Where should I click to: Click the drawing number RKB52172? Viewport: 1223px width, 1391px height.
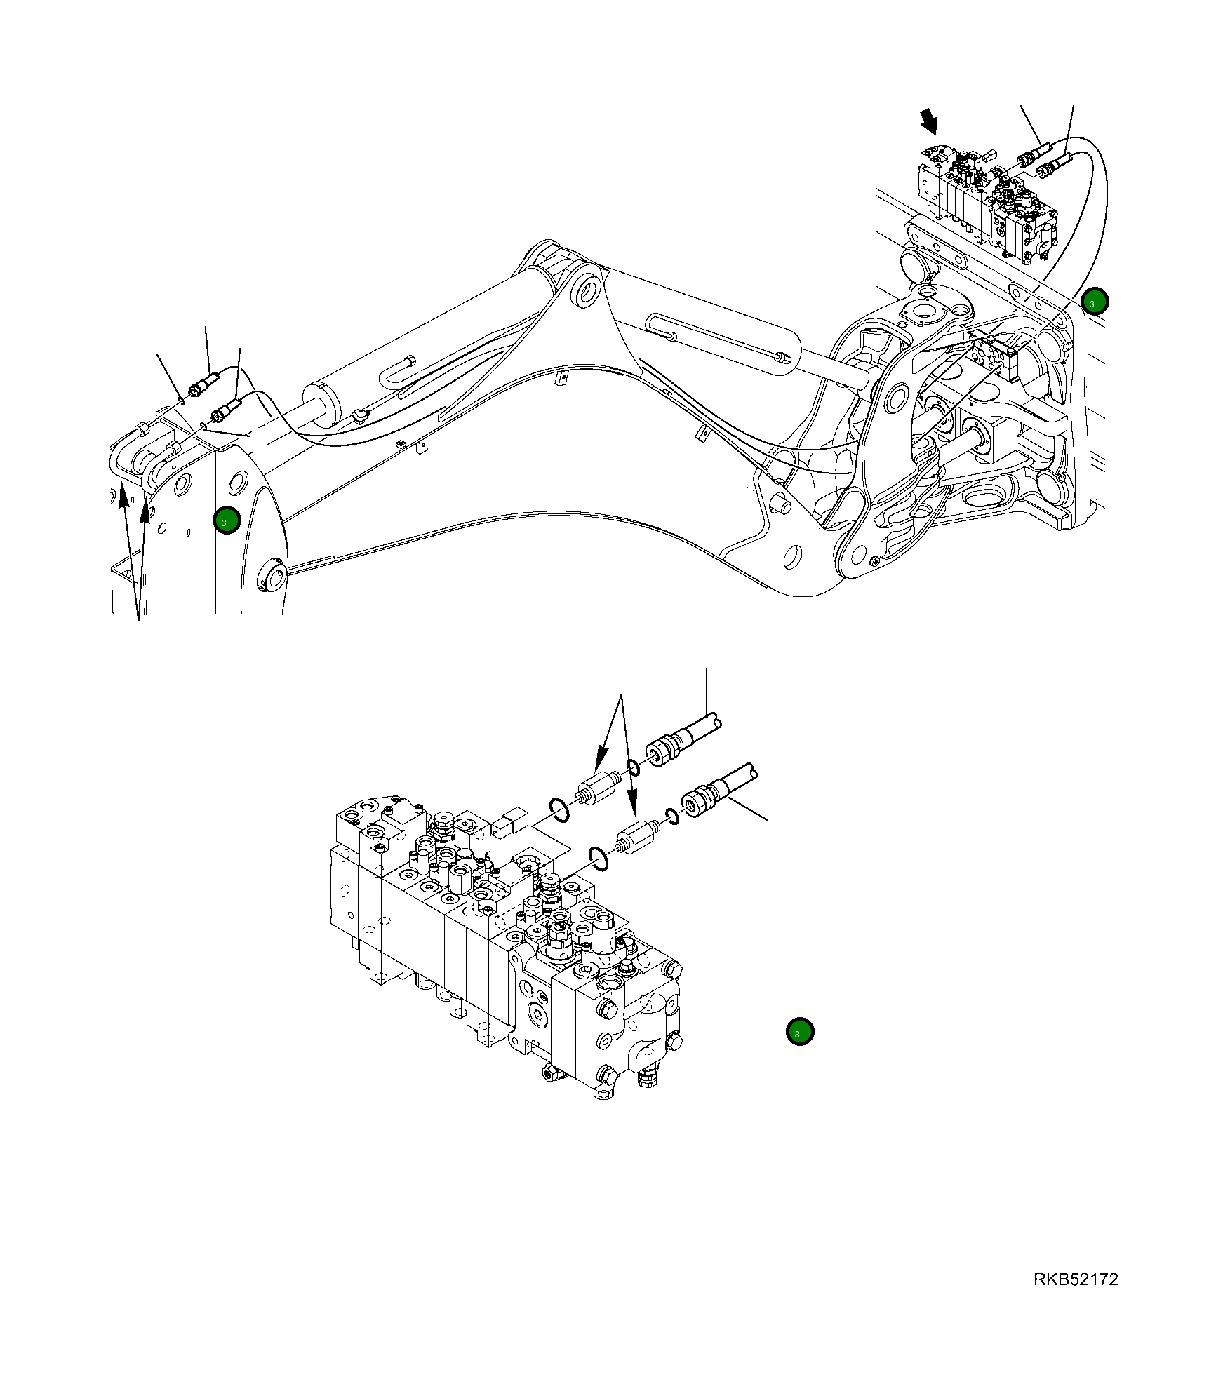coord(1075,1279)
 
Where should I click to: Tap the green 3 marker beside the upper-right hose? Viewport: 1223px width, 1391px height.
coord(1094,302)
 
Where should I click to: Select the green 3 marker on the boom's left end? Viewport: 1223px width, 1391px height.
coord(227,520)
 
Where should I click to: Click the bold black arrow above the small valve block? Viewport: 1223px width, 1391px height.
coord(930,121)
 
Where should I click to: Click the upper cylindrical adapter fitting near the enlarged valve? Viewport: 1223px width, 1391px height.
coord(597,788)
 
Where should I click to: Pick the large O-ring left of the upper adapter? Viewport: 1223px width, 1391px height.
coord(559,809)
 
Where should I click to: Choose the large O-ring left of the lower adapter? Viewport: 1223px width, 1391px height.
coord(599,857)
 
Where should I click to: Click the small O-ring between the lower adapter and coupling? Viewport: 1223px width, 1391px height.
coord(671,816)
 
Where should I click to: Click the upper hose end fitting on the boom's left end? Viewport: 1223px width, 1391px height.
coord(203,386)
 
